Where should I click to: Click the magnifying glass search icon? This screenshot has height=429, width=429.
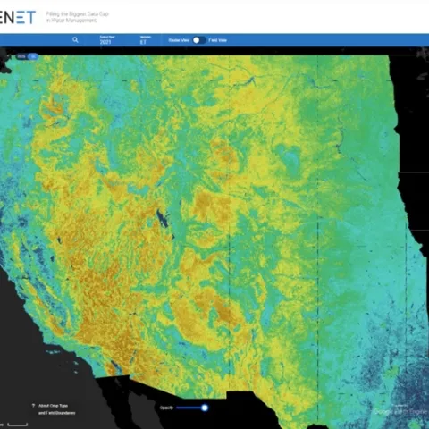tap(76, 40)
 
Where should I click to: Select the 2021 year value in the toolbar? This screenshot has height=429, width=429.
tap(106, 42)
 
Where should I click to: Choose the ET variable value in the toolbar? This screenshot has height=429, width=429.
tap(142, 42)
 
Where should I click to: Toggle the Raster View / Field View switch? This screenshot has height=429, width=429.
tap(198, 40)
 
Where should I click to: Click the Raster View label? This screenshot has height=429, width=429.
tap(178, 40)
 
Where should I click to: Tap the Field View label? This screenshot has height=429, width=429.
tap(219, 40)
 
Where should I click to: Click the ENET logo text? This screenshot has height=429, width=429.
tap(18, 16)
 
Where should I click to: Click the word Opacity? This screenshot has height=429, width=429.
tap(165, 408)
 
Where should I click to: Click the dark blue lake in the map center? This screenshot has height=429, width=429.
tap(161, 218)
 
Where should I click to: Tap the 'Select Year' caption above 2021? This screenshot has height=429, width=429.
tap(106, 36)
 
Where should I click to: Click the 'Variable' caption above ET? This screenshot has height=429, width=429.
tap(142, 36)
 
